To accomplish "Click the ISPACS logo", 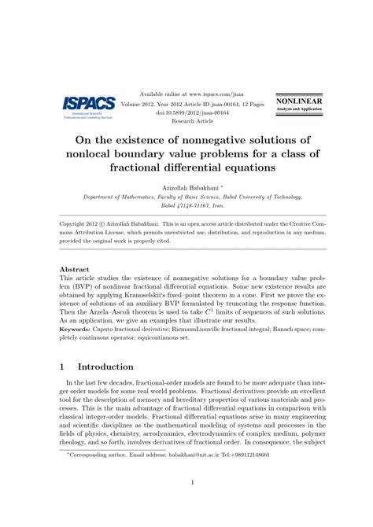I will (x=82, y=104).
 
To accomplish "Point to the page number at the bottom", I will (x=186, y=504).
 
